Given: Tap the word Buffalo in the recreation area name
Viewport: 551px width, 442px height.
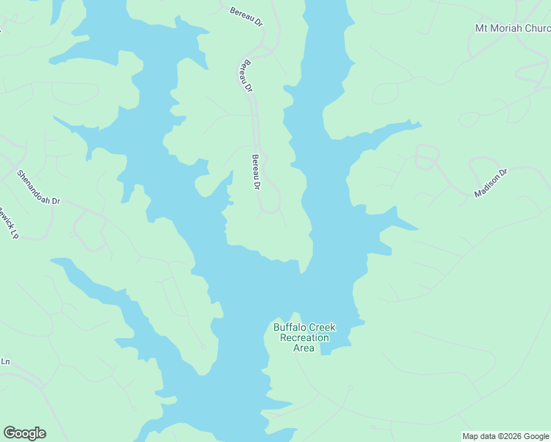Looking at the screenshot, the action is [289, 327].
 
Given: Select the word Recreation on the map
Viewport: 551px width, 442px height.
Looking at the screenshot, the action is [304, 337].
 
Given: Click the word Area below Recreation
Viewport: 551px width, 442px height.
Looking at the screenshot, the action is [304, 348].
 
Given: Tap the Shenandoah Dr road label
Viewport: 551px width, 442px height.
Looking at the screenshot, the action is [38, 187].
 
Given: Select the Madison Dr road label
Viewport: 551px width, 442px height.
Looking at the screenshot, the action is [491, 183].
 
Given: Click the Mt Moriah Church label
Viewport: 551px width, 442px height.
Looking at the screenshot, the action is [513, 29].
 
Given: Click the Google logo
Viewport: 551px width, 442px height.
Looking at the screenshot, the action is [24, 433].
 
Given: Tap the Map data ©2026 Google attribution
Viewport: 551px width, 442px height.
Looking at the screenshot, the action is [506, 436].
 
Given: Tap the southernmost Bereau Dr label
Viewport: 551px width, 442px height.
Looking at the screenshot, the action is [256, 172].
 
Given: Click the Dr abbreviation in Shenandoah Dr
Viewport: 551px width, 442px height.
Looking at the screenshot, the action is [55, 200].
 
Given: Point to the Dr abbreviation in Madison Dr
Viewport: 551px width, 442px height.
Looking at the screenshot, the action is [504, 175].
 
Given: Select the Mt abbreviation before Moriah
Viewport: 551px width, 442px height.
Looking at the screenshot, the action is [482, 29].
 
